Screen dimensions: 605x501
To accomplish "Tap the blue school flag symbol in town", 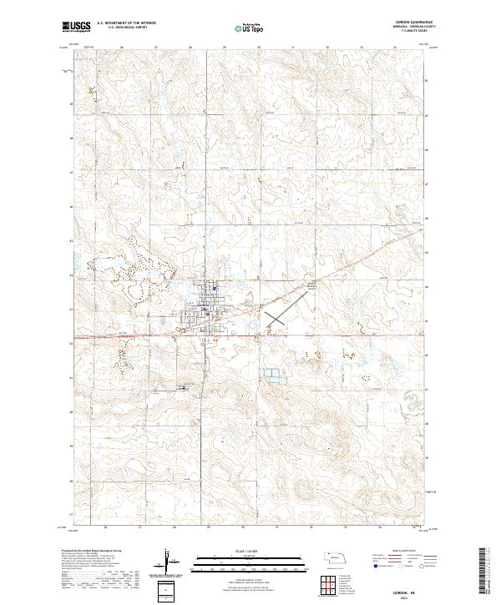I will pos(215,290).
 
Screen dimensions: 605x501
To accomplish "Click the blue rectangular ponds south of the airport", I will pos(272,377).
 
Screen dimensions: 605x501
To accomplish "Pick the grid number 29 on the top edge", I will pos(225,48).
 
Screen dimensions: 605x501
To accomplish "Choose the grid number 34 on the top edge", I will pos(395,48).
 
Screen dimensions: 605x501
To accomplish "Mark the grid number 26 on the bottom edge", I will pos(106,527).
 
